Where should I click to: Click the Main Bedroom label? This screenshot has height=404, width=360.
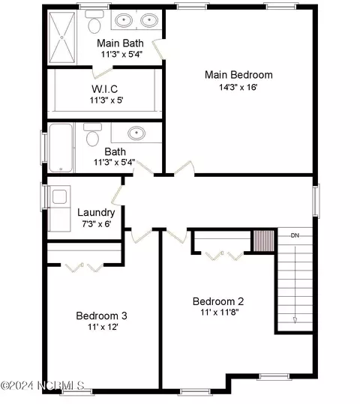pos(238,75)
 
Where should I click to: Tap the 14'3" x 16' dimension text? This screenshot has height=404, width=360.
pos(238,87)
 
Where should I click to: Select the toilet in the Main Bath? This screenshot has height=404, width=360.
pos(94,22)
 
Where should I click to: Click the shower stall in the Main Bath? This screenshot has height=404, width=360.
pos(62,37)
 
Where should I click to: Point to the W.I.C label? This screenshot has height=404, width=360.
pos(105,89)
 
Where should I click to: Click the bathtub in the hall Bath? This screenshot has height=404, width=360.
pos(61,148)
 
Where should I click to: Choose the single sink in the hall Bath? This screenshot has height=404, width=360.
pos(136,133)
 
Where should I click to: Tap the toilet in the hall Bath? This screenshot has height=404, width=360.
pos(92,134)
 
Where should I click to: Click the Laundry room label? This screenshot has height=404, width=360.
pos(96,213)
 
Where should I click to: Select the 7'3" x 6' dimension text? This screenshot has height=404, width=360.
pos(97,224)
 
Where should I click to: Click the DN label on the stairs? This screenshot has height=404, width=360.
pos(295,235)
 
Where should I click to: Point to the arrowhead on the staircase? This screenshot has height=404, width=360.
pos(295,320)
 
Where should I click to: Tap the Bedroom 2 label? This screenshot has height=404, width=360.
pos(218,301)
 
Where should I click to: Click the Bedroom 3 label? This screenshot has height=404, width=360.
pos(101,316)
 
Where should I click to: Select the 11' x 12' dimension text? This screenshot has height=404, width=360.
pos(103,327)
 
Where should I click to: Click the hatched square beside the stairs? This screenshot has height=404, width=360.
pos(263,241)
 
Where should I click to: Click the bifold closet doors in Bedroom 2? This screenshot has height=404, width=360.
pos(224,256)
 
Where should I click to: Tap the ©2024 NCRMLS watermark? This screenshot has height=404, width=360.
pos(43,385)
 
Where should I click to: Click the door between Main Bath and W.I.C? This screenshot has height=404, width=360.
pos(103,72)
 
